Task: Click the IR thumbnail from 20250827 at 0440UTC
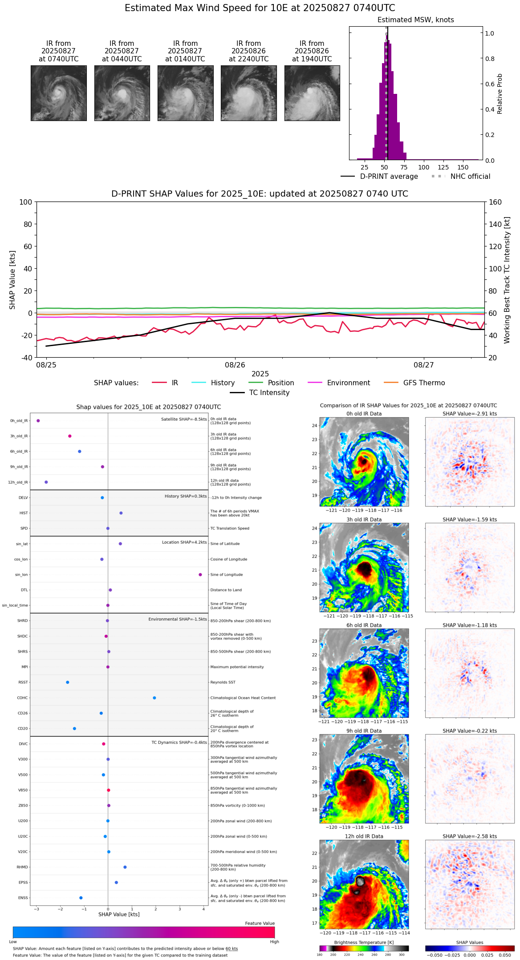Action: point(122,93)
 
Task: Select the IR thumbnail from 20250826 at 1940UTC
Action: point(312,93)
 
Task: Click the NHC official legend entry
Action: point(470,177)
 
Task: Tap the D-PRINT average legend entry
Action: point(389,177)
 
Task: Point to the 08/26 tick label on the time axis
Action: point(235,365)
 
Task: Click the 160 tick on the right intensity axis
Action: point(496,202)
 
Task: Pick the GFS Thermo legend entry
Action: point(424,383)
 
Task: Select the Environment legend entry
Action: point(348,383)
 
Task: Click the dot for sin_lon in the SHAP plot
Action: point(200,575)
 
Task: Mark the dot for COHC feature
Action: point(154,698)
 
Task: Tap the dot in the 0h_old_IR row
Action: point(38,421)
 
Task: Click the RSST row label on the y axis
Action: point(23,682)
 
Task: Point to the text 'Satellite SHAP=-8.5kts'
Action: point(184,419)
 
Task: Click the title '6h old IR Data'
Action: point(364,625)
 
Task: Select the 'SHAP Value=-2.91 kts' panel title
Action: point(470,414)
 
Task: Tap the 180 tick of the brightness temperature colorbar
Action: point(320,955)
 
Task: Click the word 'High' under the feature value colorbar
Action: point(274,942)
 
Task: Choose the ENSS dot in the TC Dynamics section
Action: point(81,898)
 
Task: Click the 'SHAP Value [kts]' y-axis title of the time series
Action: point(12,280)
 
